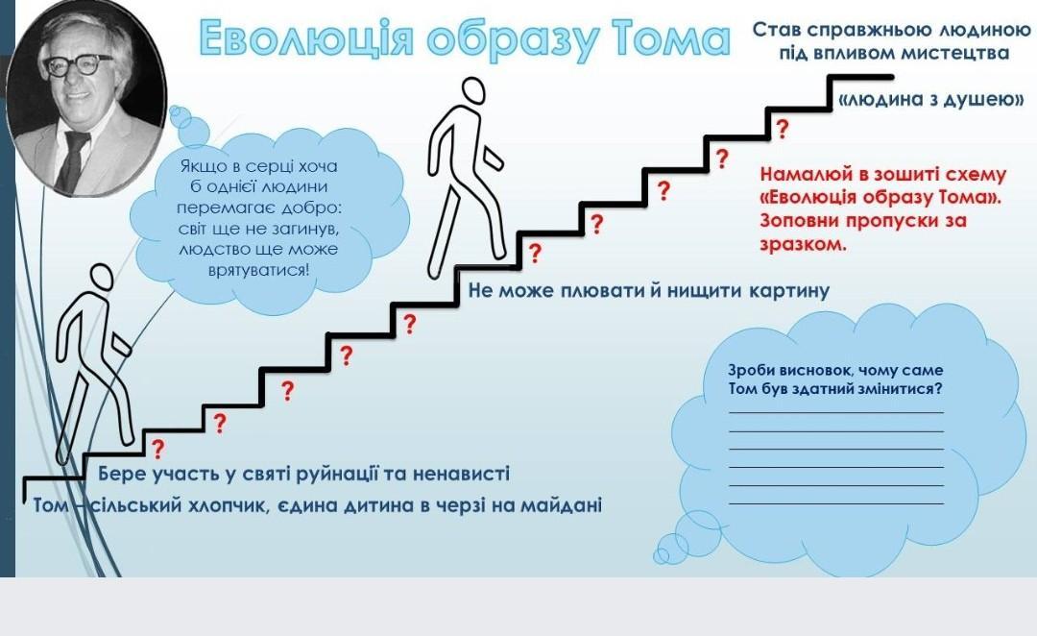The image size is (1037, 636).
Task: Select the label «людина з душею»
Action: tap(930, 100)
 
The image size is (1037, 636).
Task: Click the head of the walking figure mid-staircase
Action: tap(473, 92)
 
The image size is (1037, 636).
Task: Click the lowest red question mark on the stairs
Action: tap(158, 448)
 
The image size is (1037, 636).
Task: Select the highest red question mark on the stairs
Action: tap(782, 129)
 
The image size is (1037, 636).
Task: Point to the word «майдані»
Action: tap(561, 504)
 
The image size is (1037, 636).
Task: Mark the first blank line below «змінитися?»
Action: tap(835, 412)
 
